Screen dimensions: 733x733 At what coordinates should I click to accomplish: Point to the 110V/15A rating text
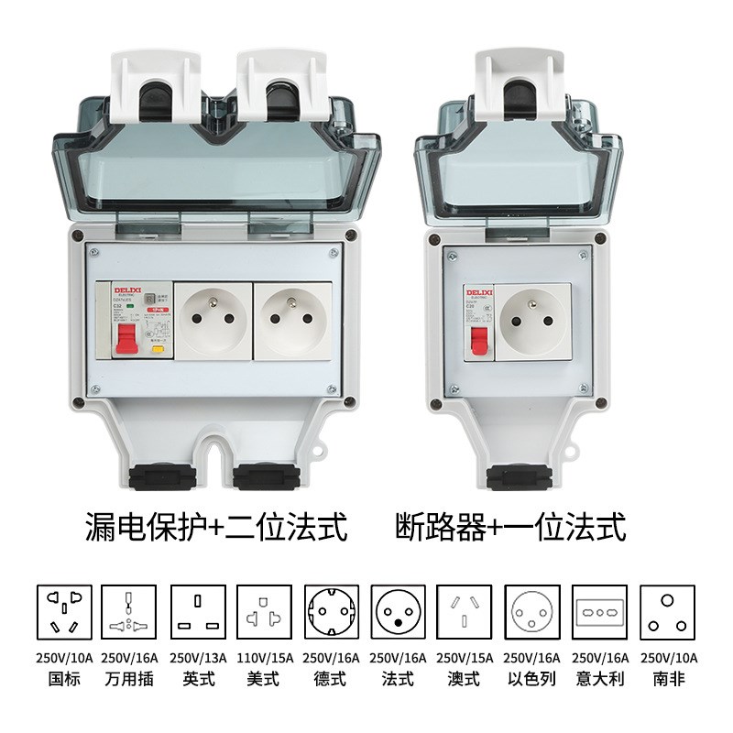click(263, 658)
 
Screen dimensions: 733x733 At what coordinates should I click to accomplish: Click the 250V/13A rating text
click(196, 658)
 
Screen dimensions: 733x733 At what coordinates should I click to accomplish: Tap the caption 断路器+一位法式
click(510, 527)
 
